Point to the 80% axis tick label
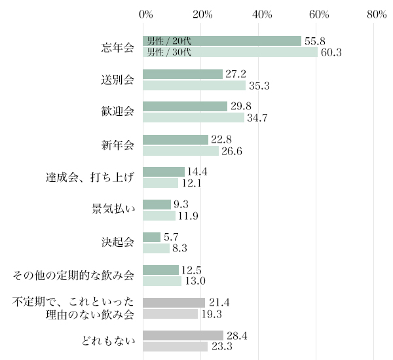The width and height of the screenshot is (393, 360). (377, 14)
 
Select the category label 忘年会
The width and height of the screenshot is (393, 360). (118, 47)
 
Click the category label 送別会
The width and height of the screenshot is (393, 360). (118, 80)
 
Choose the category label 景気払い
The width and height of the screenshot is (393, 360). (113, 209)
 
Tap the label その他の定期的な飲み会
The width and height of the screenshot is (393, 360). (74, 275)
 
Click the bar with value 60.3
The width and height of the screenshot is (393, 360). (230, 52)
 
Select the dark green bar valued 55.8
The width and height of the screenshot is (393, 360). (222, 41)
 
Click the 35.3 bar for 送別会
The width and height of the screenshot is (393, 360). (194, 85)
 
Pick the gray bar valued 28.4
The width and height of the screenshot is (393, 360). (183, 335)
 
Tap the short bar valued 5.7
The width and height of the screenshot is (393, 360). (151, 237)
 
